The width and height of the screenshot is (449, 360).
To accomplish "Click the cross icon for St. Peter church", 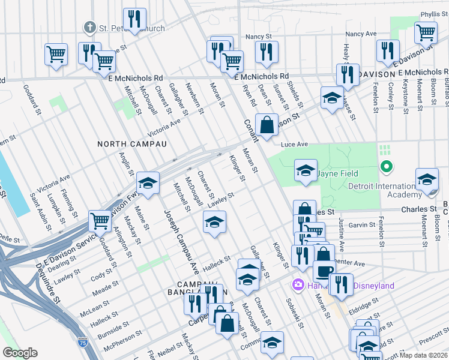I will tap(89, 28).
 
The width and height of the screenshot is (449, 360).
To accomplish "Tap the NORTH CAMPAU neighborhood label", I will tap(124, 144).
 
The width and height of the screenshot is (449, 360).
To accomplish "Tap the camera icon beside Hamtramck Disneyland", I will tap(297, 284).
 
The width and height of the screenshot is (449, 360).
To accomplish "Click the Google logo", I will tap(20, 353).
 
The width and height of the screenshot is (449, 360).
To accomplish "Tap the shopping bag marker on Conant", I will tap(268, 125).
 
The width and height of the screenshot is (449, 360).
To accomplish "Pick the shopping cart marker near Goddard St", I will tap(100, 220).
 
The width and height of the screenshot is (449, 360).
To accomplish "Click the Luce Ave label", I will tap(294, 145).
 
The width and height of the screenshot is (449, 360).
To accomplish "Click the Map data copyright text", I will tap(423, 355).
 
